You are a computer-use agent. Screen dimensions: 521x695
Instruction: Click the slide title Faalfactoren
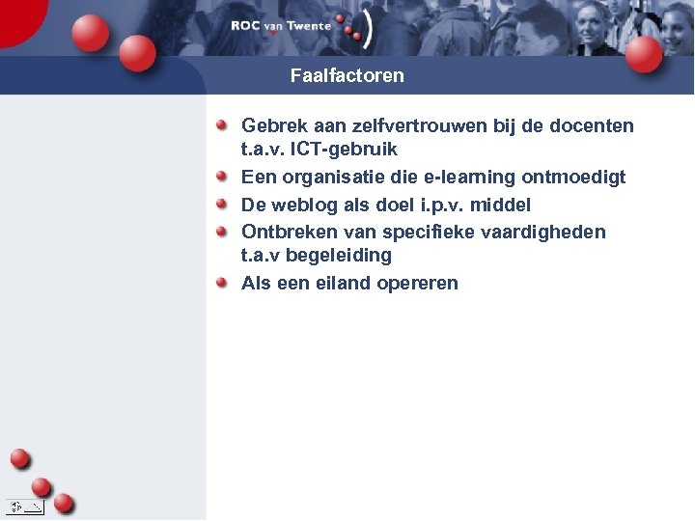click(347, 75)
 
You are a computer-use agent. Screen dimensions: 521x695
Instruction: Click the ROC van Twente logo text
click(280, 26)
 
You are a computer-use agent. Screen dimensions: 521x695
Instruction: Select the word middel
click(500, 205)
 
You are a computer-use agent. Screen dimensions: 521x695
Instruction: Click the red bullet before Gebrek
click(222, 125)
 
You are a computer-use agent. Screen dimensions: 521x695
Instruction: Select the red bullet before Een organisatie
click(222, 177)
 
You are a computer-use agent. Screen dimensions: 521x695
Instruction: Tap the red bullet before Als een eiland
click(222, 283)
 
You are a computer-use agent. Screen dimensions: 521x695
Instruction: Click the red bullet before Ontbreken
click(222, 232)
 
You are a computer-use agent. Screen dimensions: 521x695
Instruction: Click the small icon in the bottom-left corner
click(24, 506)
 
